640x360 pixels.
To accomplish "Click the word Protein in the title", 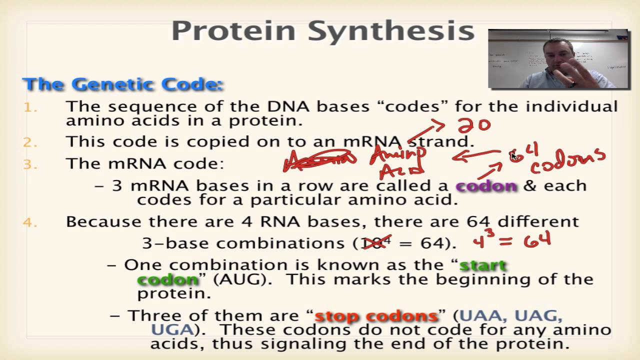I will tap(234, 31).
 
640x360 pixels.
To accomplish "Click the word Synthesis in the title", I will tap(391, 31).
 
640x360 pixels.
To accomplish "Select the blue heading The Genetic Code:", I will tap(122, 84).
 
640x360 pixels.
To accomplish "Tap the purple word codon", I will tap(486, 186).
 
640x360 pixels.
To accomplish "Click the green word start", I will tap(483, 265).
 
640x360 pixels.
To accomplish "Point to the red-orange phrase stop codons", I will tap(376, 316).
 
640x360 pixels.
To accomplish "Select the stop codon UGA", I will tap(171, 329).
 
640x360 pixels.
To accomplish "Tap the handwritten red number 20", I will tap(474, 124).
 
